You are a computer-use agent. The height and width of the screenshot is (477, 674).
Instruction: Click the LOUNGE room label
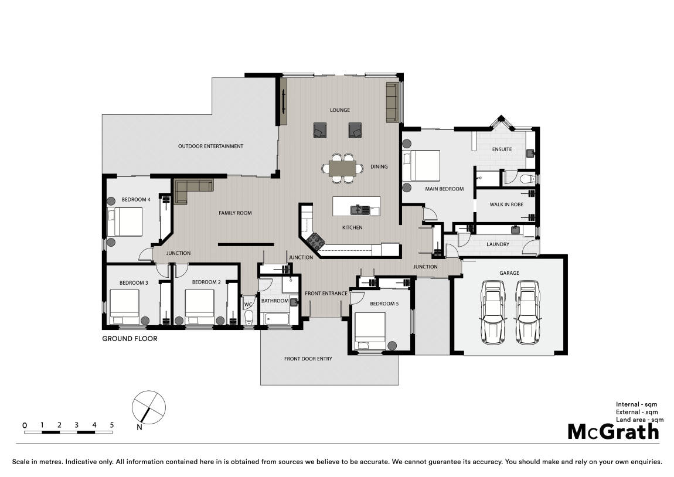(339, 110)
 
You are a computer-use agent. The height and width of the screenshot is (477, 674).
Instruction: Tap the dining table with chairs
(343, 168)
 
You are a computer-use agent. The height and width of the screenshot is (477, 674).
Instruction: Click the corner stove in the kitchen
(316, 241)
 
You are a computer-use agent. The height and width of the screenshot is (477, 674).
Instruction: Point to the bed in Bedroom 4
(125, 222)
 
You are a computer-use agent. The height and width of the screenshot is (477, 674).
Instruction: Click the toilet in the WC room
(249, 317)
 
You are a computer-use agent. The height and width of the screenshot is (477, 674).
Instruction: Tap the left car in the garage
(492, 312)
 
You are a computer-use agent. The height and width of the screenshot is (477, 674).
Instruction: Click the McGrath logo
(614, 431)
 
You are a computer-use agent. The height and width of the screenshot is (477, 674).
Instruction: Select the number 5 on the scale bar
(112, 425)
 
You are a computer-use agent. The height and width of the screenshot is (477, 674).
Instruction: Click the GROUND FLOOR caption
(130, 339)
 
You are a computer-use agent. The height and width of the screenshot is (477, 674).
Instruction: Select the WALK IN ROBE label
(506, 205)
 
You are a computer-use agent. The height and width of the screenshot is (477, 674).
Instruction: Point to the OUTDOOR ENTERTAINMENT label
(210, 146)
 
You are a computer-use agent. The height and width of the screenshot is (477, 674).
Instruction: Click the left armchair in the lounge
(320, 130)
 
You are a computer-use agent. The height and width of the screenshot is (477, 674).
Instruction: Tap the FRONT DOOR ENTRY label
(308, 359)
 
